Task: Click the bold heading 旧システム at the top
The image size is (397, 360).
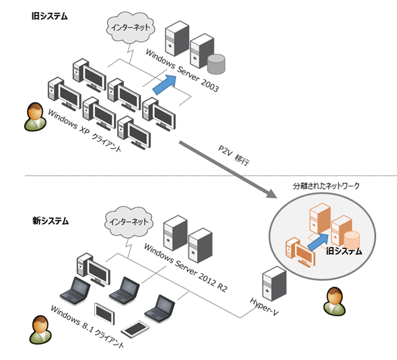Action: (x=50, y=16)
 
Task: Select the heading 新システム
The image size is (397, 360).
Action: (x=50, y=221)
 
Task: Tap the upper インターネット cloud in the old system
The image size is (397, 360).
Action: (x=131, y=27)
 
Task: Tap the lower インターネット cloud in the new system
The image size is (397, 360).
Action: (x=129, y=222)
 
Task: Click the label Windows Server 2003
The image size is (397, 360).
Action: (x=182, y=71)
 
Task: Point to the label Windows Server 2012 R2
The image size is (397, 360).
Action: (x=186, y=268)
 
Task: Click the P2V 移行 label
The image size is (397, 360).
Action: (x=233, y=155)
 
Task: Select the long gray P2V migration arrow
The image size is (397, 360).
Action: (x=228, y=170)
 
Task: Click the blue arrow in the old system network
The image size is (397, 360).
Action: (x=165, y=85)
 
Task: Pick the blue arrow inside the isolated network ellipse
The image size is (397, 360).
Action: (x=318, y=242)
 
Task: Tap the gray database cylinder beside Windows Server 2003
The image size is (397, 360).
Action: (x=216, y=64)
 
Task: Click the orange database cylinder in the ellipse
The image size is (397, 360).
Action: (x=352, y=240)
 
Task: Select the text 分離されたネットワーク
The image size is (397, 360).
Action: (x=326, y=186)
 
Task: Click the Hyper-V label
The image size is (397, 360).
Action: (x=264, y=307)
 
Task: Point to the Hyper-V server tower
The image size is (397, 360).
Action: (x=275, y=283)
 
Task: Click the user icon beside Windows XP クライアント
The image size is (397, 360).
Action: (x=35, y=116)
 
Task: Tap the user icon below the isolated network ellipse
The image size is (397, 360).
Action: (x=334, y=301)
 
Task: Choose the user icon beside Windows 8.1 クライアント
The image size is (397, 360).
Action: (x=40, y=330)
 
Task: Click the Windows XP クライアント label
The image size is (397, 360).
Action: (x=84, y=130)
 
